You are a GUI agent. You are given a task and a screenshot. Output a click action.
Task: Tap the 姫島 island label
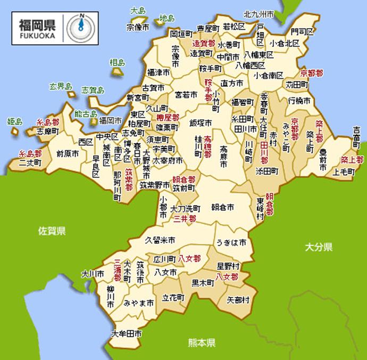tap(15, 121)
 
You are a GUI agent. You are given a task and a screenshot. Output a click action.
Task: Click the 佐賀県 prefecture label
tap(52, 231)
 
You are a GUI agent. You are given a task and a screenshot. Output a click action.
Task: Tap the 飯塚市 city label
tap(201, 122)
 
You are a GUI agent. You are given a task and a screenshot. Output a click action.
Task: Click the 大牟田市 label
tap(126, 334)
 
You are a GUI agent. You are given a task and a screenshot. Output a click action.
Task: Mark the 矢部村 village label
tap(238, 300)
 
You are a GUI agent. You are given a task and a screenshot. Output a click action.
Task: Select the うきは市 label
tap(231, 242)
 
